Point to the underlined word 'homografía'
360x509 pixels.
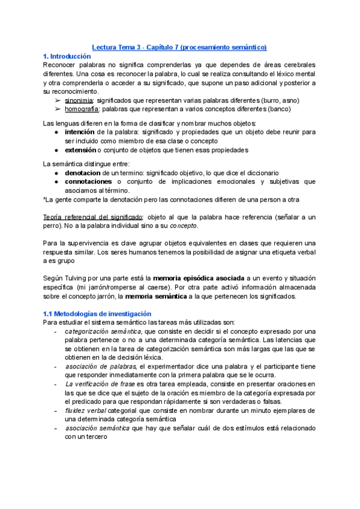click(83, 109)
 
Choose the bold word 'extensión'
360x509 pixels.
click(80, 149)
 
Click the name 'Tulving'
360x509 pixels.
click(77, 279)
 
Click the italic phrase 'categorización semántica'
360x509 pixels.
click(103, 331)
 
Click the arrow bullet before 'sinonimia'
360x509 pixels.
click(58, 100)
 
